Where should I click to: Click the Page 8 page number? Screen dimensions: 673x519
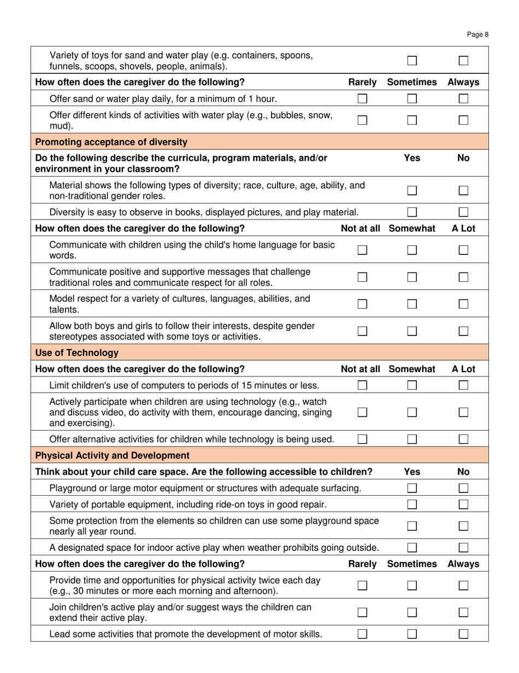point(477,34)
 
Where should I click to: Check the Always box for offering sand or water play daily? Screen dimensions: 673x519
point(463,99)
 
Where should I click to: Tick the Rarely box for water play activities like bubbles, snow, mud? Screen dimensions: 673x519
point(362,120)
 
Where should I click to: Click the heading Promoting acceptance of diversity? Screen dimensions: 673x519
point(111,142)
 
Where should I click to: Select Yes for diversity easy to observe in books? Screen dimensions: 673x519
point(412,212)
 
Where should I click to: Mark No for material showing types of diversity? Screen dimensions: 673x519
point(463,191)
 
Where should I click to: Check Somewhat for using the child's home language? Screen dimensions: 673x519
point(412,250)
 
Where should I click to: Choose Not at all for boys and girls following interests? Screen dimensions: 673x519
point(362,330)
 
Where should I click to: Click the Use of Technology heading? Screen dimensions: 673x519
point(76,352)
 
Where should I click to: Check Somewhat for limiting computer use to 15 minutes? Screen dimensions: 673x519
point(412,385)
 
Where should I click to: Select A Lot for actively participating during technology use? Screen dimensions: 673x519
point(463,413)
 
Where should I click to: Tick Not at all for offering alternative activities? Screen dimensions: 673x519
point(362,439)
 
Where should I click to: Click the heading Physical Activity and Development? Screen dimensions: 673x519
point(112,455)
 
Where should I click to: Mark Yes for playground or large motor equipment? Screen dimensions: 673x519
point(412,488)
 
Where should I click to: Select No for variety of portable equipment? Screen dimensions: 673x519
point(463,504)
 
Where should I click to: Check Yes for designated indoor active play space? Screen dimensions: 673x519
point(412,547)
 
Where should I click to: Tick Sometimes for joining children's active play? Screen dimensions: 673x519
point(412,613)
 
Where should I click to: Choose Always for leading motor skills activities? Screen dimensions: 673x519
point(463,634)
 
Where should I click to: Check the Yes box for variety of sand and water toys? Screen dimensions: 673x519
point(412,61)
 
